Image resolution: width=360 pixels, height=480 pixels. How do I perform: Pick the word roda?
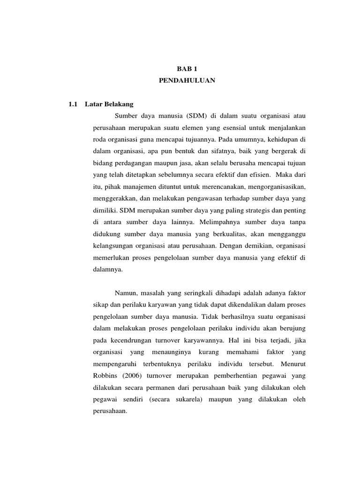coord(99,139)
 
